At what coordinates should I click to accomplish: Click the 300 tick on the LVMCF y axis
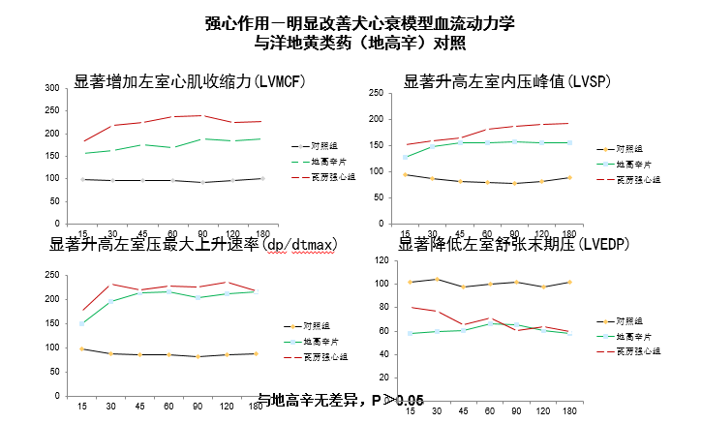click(50, 88)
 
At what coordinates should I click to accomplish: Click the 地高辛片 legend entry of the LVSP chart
click(638, 165)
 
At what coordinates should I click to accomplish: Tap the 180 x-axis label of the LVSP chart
click(568, 235)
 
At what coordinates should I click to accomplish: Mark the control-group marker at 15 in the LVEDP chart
click(412, 282)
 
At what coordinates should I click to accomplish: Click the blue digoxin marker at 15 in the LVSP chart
click(405, 157)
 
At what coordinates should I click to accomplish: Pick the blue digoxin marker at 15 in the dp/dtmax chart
click(82, 323)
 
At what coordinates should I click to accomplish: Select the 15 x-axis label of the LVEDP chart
click(411, 411)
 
